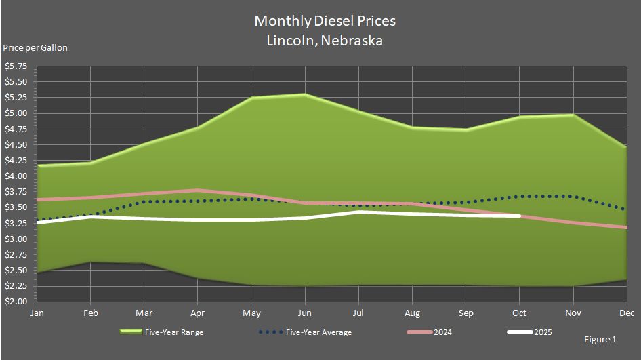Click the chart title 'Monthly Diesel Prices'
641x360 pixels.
pyautogui.click(x=325, y=21)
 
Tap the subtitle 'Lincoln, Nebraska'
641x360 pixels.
pyautogui.click(x=325, y=41)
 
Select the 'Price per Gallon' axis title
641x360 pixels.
pyautogui.click(x=35, y=48)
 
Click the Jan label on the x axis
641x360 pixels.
pyautogui.click(x=37, y=313)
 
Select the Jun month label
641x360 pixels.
pyautogui.click(x=305, y=313)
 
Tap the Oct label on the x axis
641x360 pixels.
pyautogui.click(x=520, y=313)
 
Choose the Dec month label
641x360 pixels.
pyautogui.click(x=627, y=313)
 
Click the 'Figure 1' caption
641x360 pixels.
pyautogui.click(x=600, y=338)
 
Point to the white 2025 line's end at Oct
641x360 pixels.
pyautogui.click(x=520, y=216)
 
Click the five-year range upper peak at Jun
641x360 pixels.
pyautogui.click(x=305, y=94)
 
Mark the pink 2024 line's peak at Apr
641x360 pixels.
pyautogui.click(x=197, y=191)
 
